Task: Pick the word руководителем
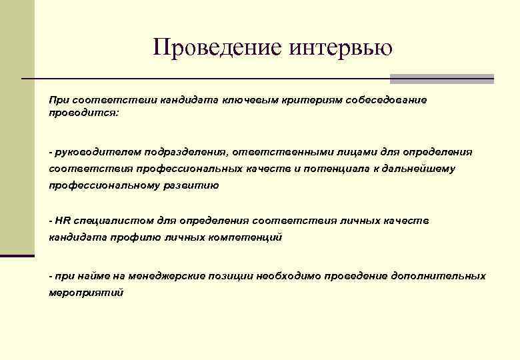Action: tap(92, 152)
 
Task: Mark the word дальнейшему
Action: tap(419, 169)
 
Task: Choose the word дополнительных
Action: tap(443, 276)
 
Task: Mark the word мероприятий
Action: tap(86, 293)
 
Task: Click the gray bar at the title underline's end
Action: tap(441, 79)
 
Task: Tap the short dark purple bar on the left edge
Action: tap(17, 255)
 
